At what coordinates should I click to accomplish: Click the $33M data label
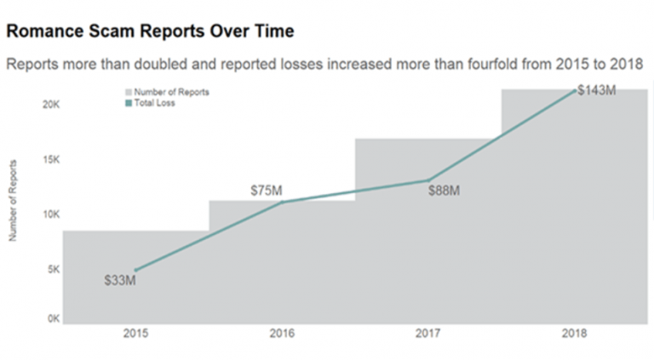click(x=119, y=279)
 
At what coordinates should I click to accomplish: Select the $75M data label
click(x=267, y=191)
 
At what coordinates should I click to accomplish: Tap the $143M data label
click(x=596, y=90)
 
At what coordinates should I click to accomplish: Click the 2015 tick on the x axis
click(x=135, y=334)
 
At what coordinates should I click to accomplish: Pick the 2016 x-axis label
click(x=282, y=334)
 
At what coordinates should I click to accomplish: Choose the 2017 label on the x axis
click(x=427, y=334)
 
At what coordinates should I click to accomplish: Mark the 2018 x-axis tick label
click(x=574, y=334)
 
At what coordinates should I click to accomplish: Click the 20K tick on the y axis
click(x=50, y=105)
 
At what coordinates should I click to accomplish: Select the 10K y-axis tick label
click(x=50, y=214)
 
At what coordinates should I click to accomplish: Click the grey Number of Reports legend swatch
click(x=128, y=92)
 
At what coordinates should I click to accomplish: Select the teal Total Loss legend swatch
click(x=128, y=103)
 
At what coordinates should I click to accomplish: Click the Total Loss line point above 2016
click(x=282, y=202)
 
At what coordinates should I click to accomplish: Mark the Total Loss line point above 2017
click(x=427, y=180)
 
